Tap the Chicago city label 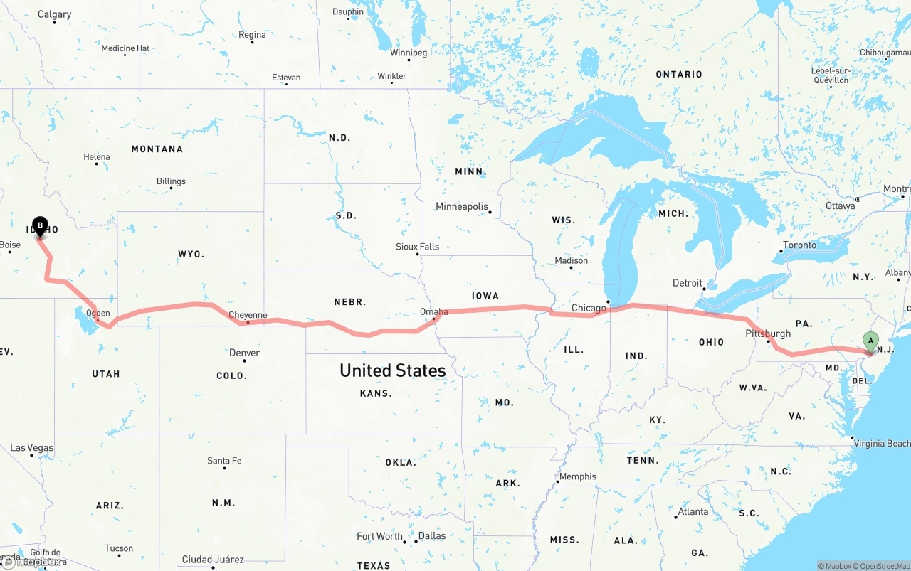click(589, 308)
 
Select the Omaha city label click(434, 311)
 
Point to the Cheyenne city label click(248, 315)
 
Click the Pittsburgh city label click(768, 333)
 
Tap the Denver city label click(244, 353)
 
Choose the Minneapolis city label click(462, 206)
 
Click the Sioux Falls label click(418, 247)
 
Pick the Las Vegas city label click(31, 448)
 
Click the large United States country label click(393, 370)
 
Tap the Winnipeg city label click(409, 53)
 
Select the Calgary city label click(54, 14)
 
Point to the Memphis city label click(578, 476)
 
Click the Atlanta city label click(693, 511)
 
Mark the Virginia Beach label click(882, 443)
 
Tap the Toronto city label click(799, 245)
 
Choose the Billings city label click(171, 181)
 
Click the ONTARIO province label click(679, 74)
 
